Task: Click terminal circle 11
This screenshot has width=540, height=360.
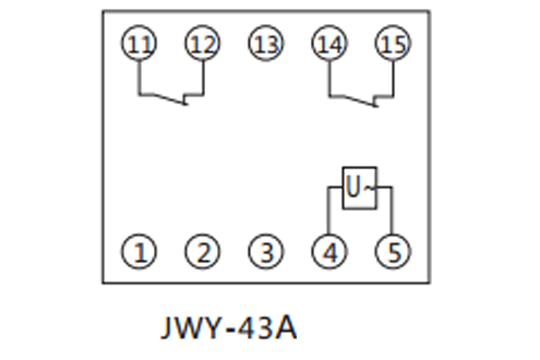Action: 139,44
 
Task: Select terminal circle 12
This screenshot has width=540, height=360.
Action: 202,44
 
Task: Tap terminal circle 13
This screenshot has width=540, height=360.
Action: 265,44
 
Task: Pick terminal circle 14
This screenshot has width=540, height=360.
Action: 329,44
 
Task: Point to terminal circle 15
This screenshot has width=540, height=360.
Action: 392,44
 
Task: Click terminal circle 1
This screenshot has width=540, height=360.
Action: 139,252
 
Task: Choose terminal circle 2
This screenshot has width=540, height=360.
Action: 202,252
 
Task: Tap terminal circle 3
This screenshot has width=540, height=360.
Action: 265,252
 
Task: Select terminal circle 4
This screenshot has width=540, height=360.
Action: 329,252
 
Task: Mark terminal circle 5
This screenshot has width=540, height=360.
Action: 392,252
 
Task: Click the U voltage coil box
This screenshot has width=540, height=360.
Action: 358,187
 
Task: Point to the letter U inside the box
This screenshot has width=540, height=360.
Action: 354,188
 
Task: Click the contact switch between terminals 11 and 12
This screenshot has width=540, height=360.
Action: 171,97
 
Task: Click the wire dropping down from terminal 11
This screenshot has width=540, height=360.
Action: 139,76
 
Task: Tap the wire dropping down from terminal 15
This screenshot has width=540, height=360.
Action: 392,76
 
